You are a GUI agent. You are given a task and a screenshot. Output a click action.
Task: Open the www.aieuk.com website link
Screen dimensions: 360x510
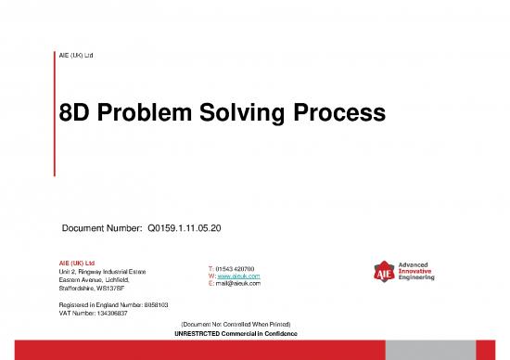click(x=239, y=276)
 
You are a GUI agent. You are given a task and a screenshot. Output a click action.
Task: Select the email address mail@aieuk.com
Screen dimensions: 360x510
click(x=239, y=285)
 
